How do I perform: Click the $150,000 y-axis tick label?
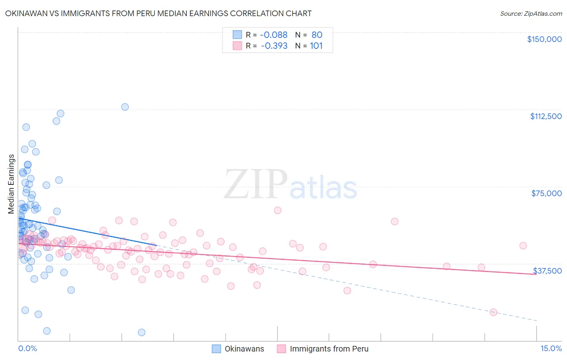tap(544, 39)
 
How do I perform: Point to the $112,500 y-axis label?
tap(546, 116)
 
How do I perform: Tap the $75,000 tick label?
tap(546, 193)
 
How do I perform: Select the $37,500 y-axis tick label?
tap(547, 271)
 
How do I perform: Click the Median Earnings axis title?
tap(11, 184)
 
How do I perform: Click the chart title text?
tap(158, 13)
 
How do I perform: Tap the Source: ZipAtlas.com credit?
tap(531, 14)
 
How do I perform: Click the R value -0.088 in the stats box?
tap(274, 35)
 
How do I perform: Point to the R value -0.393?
tap(274, 46)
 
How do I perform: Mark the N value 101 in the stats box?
tap(316, 46)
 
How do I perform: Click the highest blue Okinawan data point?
tap(125, 107)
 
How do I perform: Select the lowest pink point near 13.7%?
tap(493, 312)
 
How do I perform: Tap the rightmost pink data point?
tap(523, 246)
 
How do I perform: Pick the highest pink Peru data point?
tap(277, 210)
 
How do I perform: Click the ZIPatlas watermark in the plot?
tap(290, 184)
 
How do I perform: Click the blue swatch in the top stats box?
tap(237, 35)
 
